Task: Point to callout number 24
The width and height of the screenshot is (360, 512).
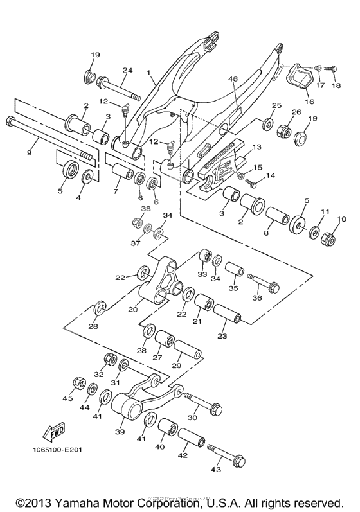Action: pyautogui.click(x=127, y=70)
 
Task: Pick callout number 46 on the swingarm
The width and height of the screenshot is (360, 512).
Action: pyautogui.click(x=233, y=79)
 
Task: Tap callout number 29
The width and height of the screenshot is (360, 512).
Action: pyautogui.click(x=175, y=366)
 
